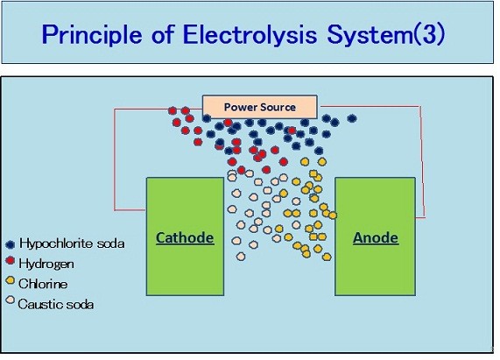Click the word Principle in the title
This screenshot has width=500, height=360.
pos(92,34)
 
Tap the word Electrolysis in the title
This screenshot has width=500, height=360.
pos(250,34)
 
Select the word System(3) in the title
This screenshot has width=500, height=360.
pos(386,34)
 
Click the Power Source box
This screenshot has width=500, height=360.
pos(260,107)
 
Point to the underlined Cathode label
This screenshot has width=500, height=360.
pos(185,238)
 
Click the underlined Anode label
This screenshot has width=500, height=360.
pos(376,238)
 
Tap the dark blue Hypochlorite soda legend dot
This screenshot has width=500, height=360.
pos(11,244)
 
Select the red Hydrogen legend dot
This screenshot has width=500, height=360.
pos(11,260)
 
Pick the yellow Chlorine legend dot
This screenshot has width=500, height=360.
pos(11,280)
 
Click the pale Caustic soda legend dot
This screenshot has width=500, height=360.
pos(11,300)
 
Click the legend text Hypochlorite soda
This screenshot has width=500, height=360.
pos(72,244)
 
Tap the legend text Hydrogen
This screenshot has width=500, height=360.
pos(46,264)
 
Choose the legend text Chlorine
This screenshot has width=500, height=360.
pos(43,284)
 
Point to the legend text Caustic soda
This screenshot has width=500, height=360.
pos(56,304)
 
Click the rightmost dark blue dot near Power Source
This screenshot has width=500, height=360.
pos(352,118)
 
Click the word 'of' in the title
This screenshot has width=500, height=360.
pos(163,34)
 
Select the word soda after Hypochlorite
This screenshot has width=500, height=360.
pos(110,244)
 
